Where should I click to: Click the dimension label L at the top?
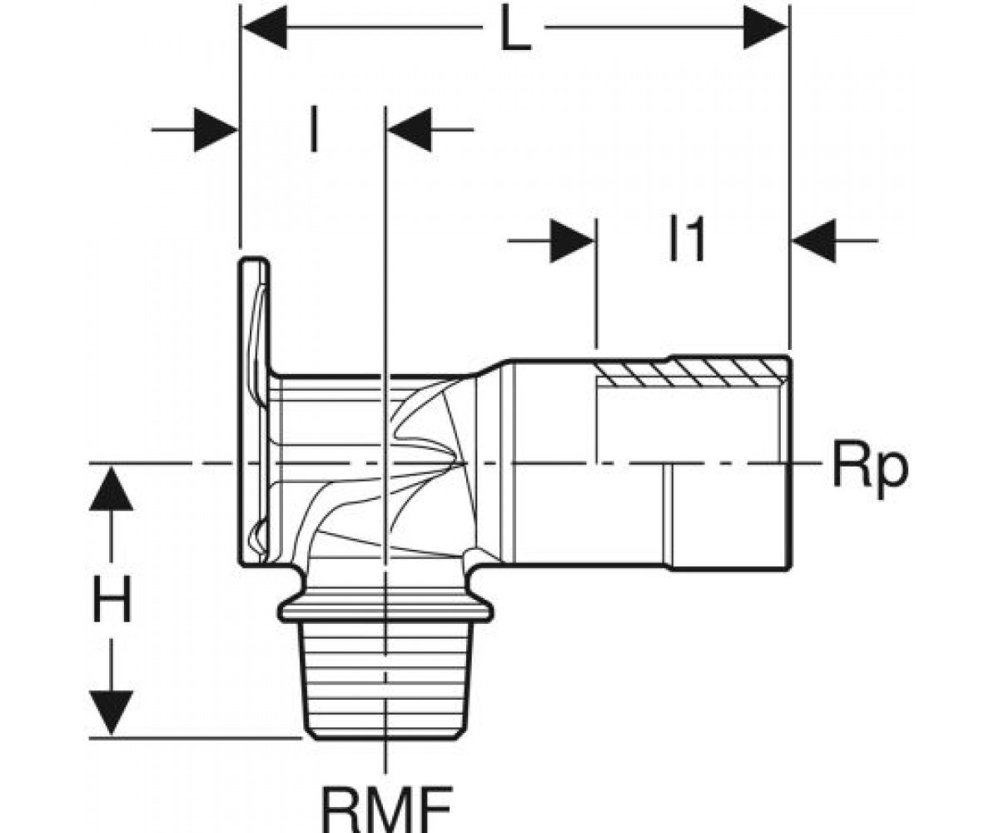[x=515, y=28]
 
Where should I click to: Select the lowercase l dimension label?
[x=313, y=129]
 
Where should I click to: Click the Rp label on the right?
[x=869, y=466]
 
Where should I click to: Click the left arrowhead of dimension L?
[x=265, y=28]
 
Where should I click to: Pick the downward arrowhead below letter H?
[x=112, y=712]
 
